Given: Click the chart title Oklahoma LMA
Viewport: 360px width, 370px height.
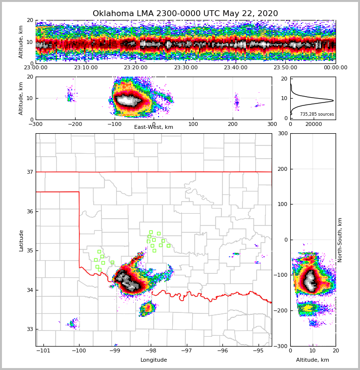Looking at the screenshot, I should [185, 14].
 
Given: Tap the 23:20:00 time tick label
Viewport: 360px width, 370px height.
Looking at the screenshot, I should [136, 68].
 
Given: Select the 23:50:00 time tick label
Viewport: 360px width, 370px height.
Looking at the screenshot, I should [285, 68].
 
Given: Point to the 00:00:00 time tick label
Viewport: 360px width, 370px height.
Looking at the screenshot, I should [335, 68].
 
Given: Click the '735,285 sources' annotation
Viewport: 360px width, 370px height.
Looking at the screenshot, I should [317, 114].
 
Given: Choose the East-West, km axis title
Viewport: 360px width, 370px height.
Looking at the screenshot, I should [154, 127].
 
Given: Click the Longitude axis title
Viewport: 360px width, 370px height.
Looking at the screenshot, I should [154, 360].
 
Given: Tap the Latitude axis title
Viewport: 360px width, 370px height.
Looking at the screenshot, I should [21, 240].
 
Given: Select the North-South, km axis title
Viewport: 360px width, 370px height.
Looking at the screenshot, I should [340, 240].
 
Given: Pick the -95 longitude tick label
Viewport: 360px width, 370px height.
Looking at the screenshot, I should [258, 350].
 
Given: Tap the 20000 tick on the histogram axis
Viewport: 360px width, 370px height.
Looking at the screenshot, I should [314, 124].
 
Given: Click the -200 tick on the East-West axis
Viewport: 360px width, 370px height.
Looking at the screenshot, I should [75, 124].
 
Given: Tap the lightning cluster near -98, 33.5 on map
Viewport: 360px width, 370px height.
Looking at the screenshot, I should [148, 308].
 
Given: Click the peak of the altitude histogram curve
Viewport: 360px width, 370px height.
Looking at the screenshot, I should [333, 101].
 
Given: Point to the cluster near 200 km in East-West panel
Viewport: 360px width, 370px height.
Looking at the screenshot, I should [237, 102].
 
